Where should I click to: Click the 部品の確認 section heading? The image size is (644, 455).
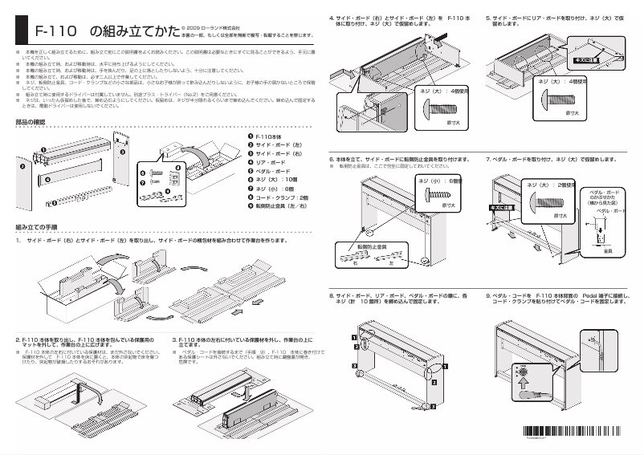pos(33,123)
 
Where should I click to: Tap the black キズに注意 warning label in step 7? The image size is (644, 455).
pos(501,208)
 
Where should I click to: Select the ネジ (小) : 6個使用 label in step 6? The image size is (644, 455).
pos(441,181)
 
